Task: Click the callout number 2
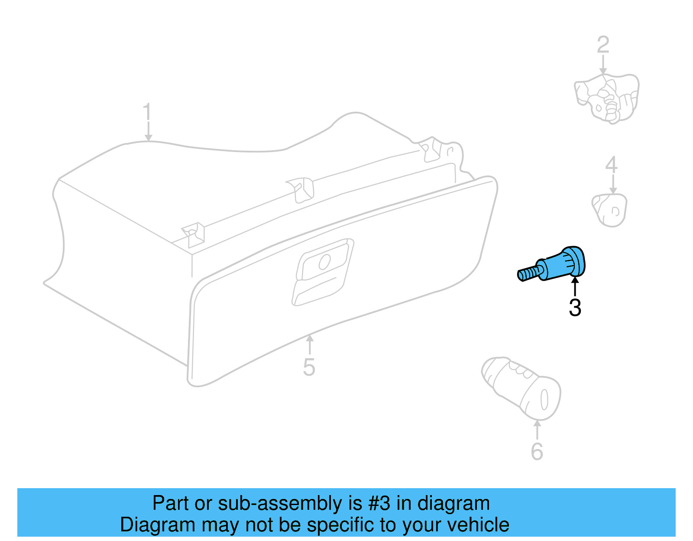[603, 45]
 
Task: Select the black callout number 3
[575, 308]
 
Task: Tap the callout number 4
[611, 165]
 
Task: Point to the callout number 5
[309, 367]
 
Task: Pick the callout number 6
[537, 452]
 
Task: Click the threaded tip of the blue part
[526, 274]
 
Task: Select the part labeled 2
[606, 99]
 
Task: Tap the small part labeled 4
[610, 210]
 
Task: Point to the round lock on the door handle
[324, 261]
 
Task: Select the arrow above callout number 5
[309, 345]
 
